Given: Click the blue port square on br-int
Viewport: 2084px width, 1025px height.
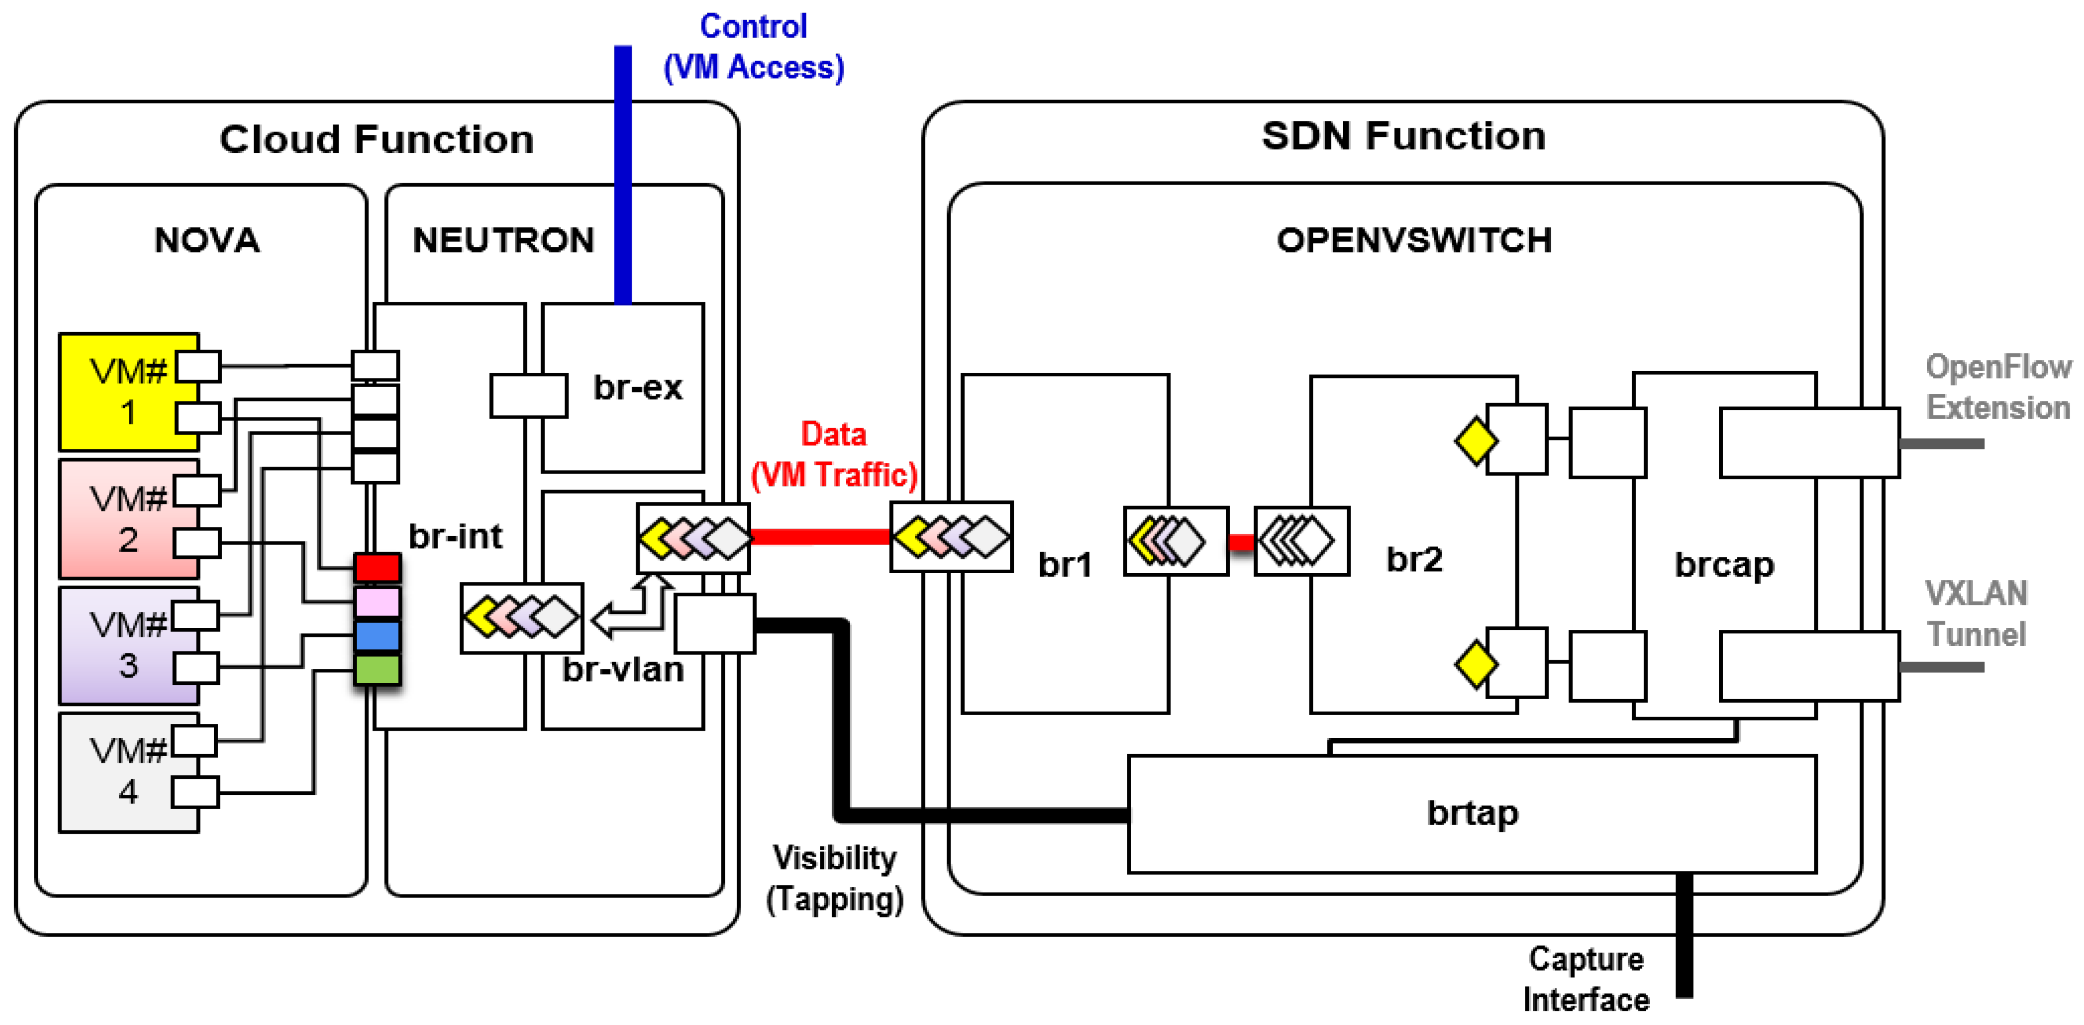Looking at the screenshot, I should [377, 636].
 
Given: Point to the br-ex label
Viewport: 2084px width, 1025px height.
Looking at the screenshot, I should [637, 388].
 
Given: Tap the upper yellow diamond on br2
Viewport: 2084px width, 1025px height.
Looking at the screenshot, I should [1475, 441].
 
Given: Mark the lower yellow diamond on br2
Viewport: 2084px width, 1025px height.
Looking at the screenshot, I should [1475, 665].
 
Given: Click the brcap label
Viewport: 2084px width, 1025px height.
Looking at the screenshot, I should [1724, 565].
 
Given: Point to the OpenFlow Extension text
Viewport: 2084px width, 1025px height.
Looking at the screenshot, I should [1998, 388].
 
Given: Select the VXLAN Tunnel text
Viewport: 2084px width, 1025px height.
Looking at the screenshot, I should [1976, 614].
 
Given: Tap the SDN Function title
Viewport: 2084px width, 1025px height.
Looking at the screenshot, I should [1404, 136].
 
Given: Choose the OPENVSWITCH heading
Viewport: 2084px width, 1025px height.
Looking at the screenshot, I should [1413, 241].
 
